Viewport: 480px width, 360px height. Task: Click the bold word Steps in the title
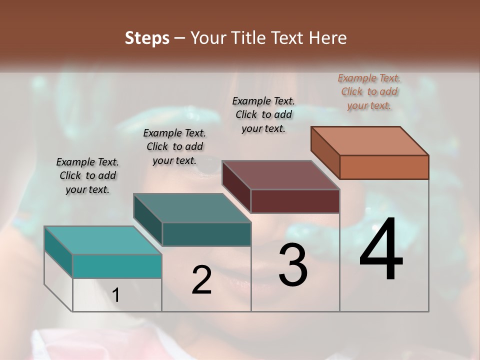[147, 38]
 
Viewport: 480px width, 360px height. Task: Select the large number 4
[381, 249]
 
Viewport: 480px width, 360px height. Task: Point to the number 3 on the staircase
[293, 265]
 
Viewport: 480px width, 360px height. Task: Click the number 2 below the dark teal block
[201, 280]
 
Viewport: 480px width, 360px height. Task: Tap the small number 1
[116, 295]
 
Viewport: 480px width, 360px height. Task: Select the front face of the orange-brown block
[384, 167]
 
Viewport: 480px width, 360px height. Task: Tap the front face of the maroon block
[295, 201]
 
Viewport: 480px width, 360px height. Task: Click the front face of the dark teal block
[206, 234]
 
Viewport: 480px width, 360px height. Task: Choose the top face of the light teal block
[103, 240]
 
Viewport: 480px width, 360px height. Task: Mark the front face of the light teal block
[117, 266]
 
